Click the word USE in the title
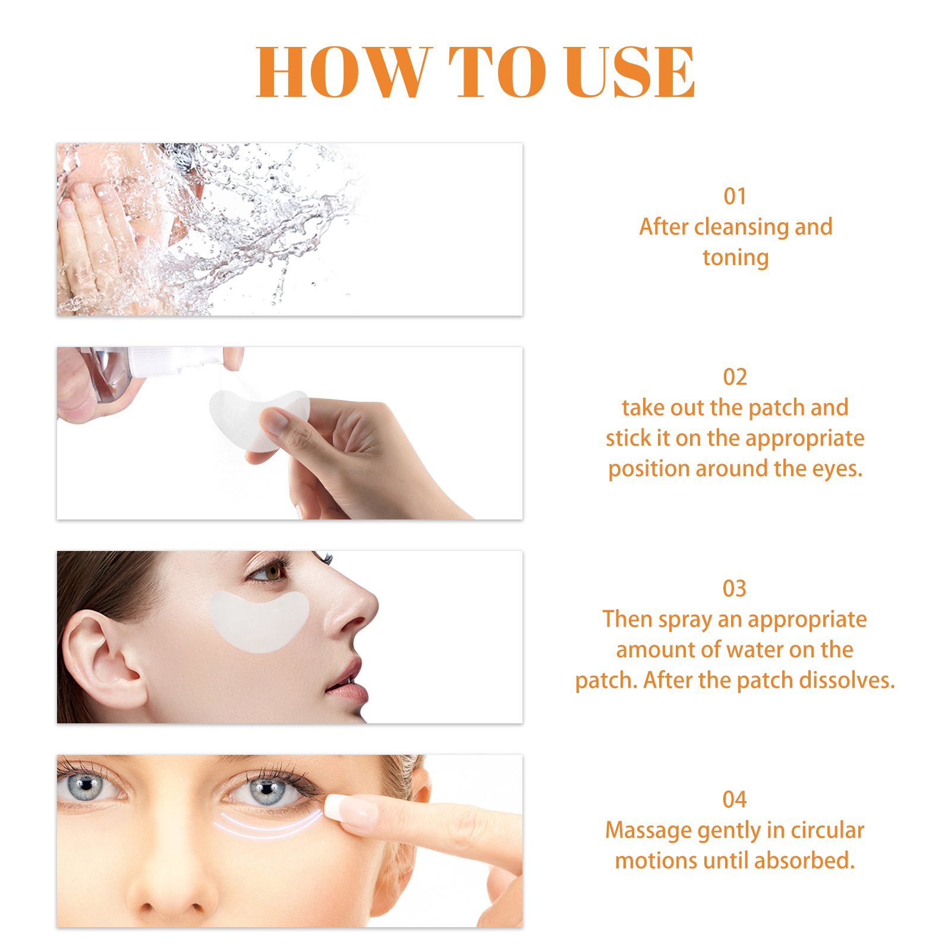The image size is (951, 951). pos(630,72)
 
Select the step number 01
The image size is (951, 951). pos(735,197)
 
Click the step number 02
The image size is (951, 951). pos(735,377)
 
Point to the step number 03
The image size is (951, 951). pos(735,589)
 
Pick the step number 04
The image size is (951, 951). pos(735,800)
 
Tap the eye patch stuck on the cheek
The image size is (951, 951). pos(259,622)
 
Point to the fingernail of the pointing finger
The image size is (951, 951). pos(349,811)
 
